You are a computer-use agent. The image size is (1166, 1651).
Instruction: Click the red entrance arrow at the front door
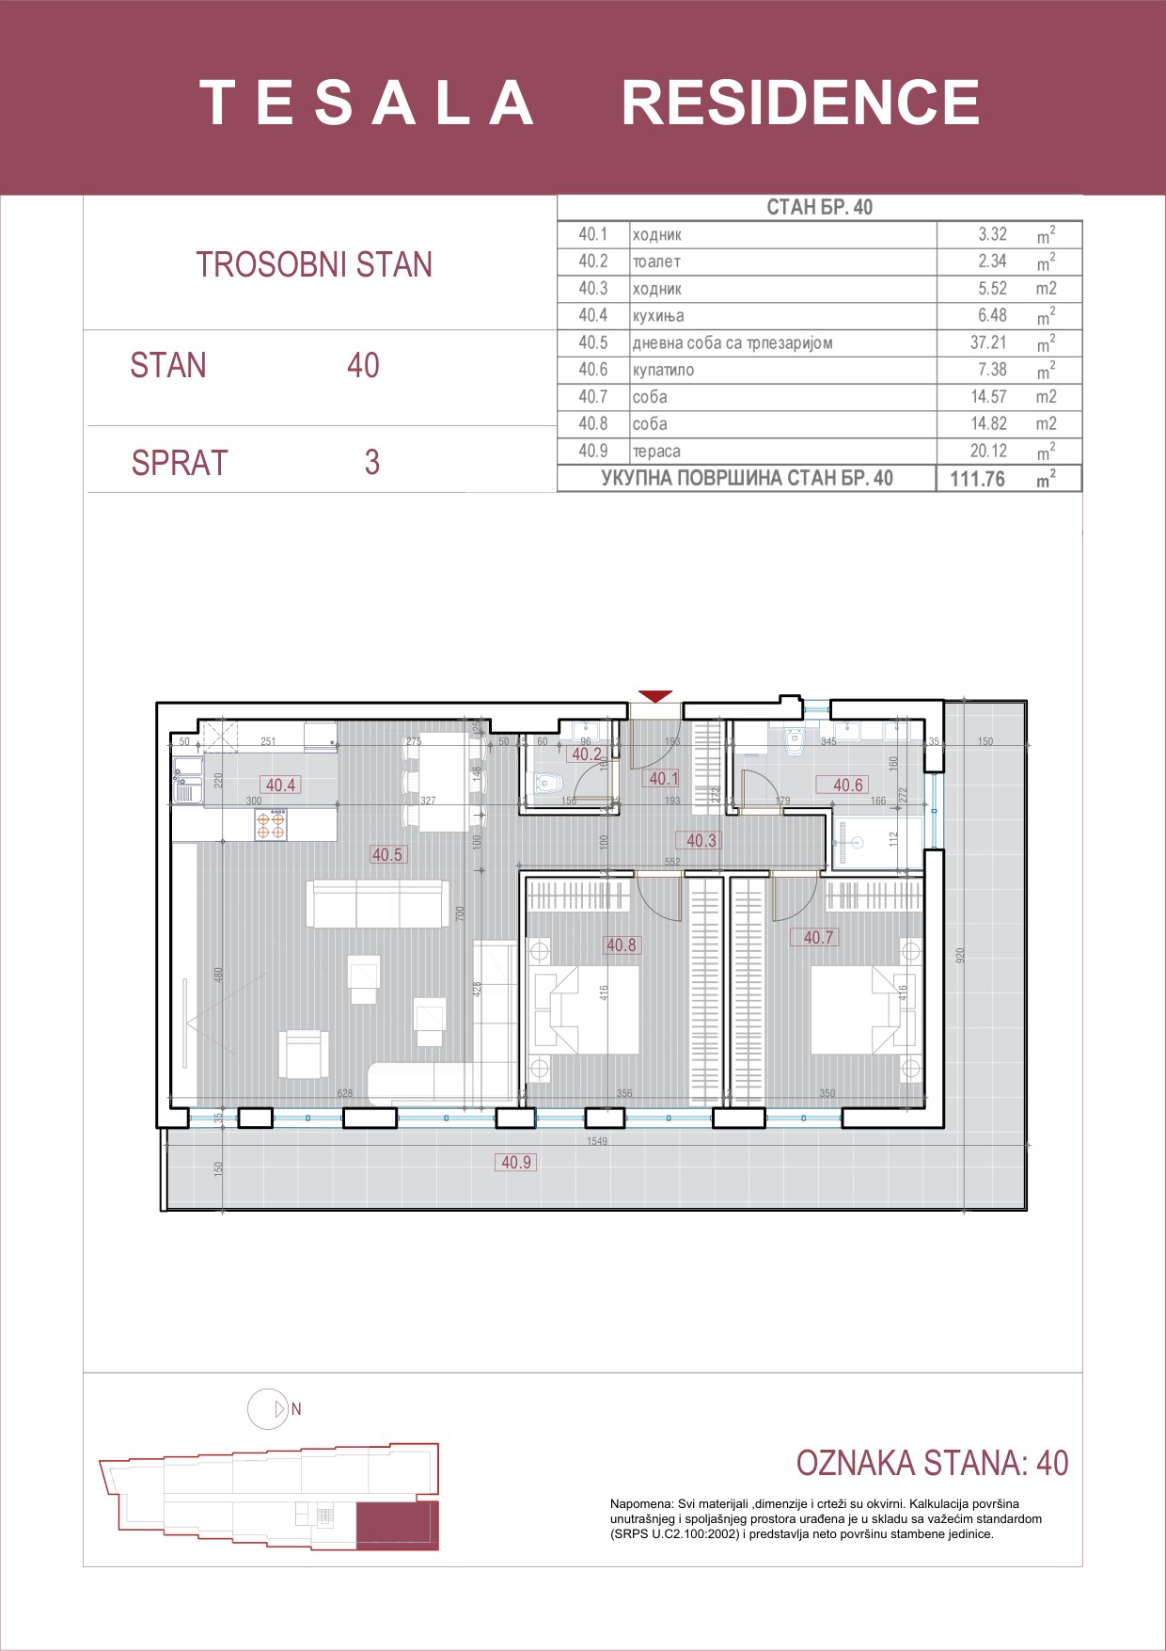tap(655, 696)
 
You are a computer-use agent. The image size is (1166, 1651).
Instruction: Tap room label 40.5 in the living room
tap(386, 854)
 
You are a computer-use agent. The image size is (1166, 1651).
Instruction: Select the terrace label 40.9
tap(515, 1162)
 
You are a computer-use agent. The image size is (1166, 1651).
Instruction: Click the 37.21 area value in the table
tap(987, 342)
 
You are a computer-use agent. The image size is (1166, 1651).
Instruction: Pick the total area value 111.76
tap(977, 479)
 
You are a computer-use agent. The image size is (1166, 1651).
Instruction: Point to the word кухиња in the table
tap(658, 316)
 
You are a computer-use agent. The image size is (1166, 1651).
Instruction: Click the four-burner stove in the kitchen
tap(271, 825)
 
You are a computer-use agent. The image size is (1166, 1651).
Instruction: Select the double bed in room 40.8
tap(586, 1009)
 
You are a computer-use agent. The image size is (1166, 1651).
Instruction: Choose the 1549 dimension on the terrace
tap(597, 1141)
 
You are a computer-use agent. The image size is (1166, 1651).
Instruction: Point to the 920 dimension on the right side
tap(960, 954)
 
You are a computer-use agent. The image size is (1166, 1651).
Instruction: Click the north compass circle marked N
tap(268, 1409)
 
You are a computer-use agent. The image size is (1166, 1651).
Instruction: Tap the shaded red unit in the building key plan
tap(397, 1525)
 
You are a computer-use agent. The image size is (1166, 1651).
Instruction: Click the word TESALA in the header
tap(367, 103)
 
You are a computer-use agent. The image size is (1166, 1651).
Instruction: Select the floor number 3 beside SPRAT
tap(372, 462)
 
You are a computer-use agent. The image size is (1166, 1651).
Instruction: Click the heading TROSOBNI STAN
tap(314, 265)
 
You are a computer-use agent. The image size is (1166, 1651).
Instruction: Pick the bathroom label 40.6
tap(847, 785)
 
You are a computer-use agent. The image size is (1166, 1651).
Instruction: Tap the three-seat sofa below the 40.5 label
tap(377, 904)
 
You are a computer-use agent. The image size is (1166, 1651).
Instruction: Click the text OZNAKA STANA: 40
tap(932, 1463)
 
